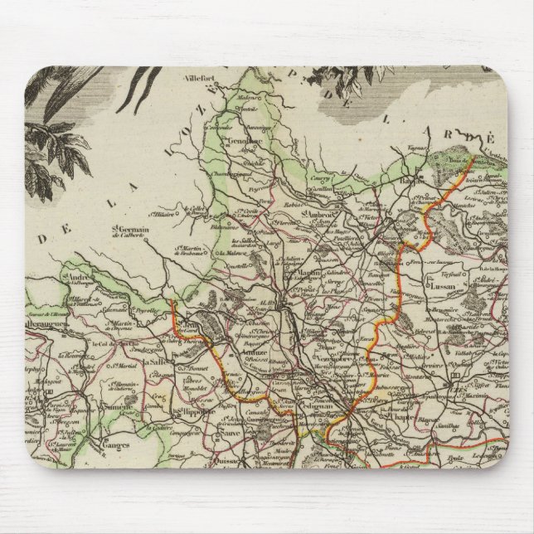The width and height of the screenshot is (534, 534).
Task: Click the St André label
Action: click(74, 277)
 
